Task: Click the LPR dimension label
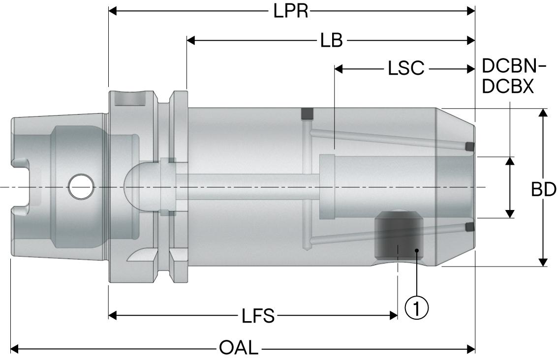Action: click(x=291, y=11)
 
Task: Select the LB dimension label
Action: click(x=331, y=40)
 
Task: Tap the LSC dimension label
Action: click(x=405, y=69)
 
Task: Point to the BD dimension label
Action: click(x=544, y=189)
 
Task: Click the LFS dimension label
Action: click(x=258, y=315)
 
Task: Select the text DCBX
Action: click(x=507, y=87)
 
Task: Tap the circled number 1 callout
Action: click(x=416, y=308)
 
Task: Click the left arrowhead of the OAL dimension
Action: click(x=15, y=349)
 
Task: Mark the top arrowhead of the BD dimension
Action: click(x=543, y=113)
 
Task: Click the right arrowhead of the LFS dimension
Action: click(x=393, y=315)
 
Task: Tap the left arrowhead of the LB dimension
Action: click(x=191, y=40)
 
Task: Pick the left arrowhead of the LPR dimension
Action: click(x=113, y=11)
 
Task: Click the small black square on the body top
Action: click(x=308, y=114)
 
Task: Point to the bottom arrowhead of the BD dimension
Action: click(x=543, y=262)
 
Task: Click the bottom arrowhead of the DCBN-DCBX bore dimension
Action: click(x=510, y=213)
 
